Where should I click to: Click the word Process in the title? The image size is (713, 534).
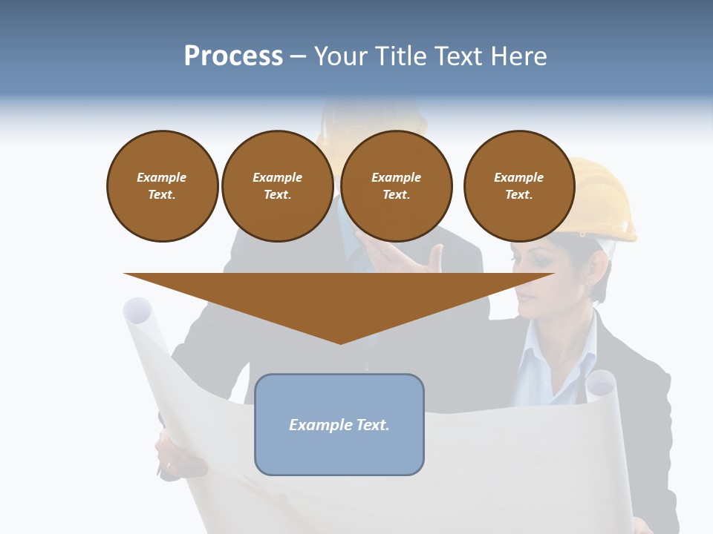pos(233,56)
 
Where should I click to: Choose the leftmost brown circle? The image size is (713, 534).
pos(162,186)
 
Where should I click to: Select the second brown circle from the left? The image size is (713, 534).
pos(277,186)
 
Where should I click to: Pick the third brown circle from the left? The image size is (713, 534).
pos(396,186)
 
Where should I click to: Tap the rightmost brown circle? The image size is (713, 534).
pos(518,186)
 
